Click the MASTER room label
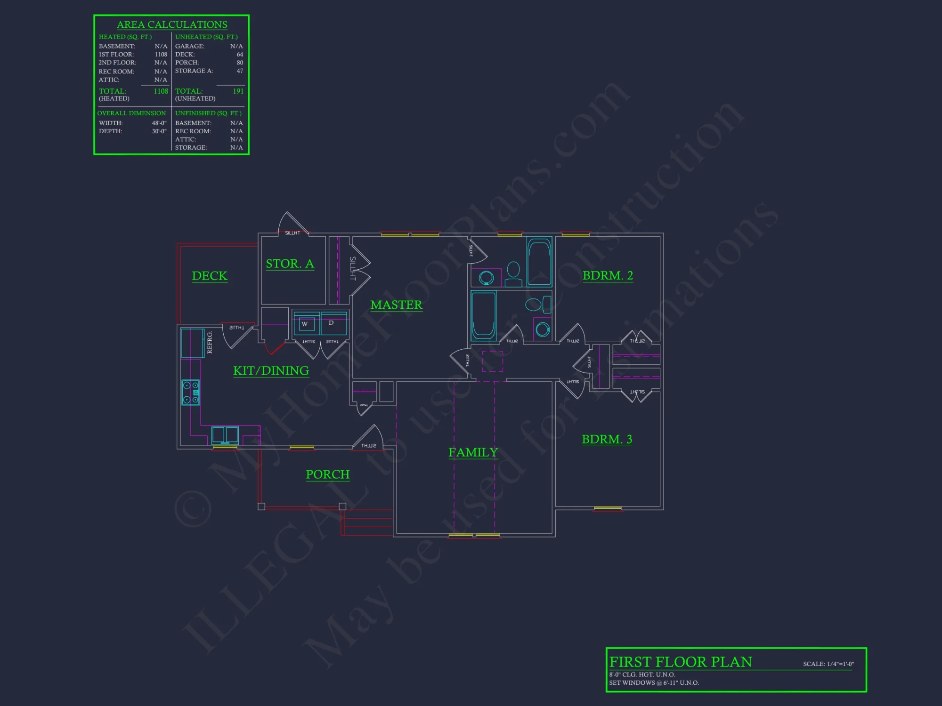396,305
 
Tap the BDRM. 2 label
608,275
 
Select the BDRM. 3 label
607,439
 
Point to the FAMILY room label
473,452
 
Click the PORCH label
327,474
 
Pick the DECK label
210,276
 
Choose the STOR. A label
290,264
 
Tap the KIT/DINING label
271,371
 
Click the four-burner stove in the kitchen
191,393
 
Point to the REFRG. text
210,342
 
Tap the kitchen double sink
225,435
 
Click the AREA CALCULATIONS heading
172,24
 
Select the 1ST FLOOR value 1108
161,55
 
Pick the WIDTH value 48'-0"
159,123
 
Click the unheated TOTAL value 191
238,91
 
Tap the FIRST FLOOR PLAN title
681,662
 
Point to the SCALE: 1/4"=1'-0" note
828,664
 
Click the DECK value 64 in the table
240,55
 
